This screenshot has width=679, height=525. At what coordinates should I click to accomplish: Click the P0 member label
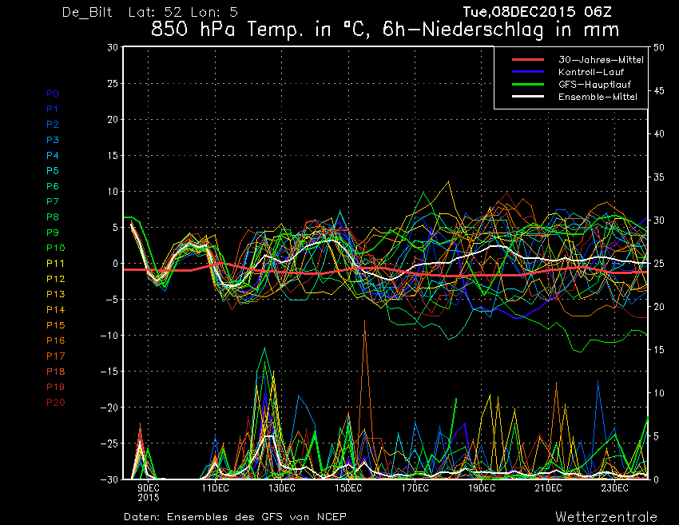(x=53, y=93)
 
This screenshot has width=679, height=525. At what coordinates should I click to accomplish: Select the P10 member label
(x=55, y=248)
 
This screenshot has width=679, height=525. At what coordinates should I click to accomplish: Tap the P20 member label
(x=55, y=403)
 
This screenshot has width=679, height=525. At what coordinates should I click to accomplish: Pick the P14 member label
(x=55, y=310)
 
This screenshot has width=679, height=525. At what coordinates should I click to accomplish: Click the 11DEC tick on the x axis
(x=215, y=488)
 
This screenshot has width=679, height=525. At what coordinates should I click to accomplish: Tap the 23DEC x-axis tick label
(x=614, y=488)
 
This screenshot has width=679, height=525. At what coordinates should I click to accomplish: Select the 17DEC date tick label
(x=415, y=488)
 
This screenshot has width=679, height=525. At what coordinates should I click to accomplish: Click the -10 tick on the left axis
(x=109, y=336)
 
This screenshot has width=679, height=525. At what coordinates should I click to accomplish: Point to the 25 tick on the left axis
(x=113, y=83)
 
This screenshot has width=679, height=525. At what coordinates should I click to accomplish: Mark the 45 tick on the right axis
(x=659, y=90)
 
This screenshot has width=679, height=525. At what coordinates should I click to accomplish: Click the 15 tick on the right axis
(x=659, y=349)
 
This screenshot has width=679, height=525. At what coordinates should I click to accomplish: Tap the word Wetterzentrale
(x=606, y=517)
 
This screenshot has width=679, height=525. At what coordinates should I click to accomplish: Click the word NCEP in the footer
(x=332, y=517)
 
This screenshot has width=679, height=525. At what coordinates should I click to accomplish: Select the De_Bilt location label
(x=87, y=12)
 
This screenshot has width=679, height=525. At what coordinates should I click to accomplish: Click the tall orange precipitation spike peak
(x=364, y=320)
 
